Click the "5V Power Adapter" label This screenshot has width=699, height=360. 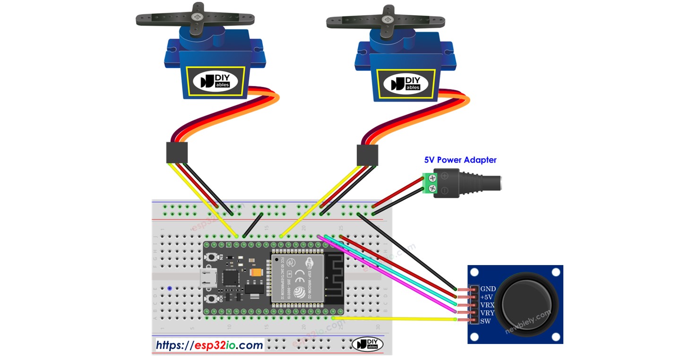460,160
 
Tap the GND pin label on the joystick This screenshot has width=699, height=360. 488,289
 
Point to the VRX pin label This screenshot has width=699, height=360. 488,305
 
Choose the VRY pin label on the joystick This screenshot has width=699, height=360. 488,313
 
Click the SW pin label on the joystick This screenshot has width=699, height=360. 485,321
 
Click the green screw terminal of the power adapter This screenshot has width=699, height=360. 431,183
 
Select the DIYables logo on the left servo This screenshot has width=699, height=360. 216,81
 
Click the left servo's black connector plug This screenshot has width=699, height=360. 177,153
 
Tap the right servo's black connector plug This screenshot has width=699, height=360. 367,155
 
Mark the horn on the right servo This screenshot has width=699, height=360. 386,21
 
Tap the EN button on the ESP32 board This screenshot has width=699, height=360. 214,257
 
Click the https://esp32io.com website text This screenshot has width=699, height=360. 209,345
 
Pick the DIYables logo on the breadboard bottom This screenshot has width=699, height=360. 367,344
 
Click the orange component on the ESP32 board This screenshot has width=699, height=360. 257,273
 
